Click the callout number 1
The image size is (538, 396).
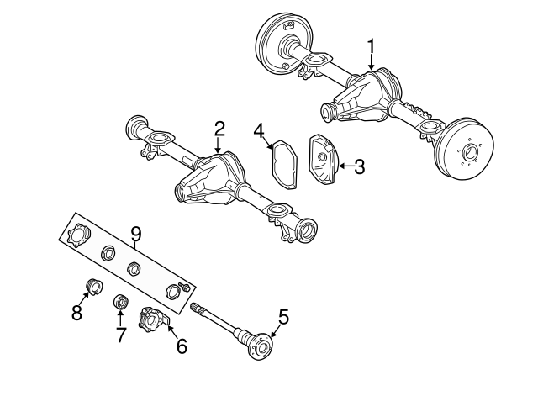coord(372,45)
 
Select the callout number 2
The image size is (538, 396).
coord(219,129)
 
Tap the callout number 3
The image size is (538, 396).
coord(359,166)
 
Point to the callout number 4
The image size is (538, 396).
coord(260,130)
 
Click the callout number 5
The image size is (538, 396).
coord(283,317)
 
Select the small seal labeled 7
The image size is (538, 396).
coord(120,301)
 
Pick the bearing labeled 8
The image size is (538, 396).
coord(93,288)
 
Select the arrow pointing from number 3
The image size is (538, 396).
coord(343,166)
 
